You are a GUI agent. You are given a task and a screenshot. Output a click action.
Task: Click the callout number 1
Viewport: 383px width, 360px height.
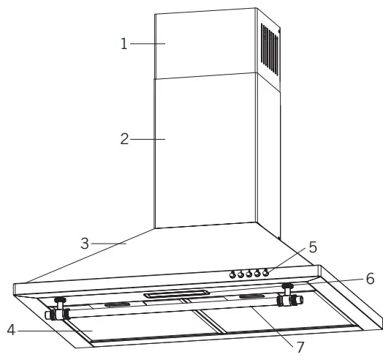coord(124,44)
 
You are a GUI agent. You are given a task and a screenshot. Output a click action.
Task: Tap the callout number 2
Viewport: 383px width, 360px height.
coord(124,138)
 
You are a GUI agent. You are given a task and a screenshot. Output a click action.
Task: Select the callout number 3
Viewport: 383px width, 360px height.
coord(85,244)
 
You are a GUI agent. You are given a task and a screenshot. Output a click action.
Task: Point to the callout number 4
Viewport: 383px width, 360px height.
coord(11,331)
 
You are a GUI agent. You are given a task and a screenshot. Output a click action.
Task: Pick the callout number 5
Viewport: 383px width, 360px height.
coord(313,247)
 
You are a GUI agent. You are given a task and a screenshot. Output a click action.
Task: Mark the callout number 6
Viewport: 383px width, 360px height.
coord(370,279)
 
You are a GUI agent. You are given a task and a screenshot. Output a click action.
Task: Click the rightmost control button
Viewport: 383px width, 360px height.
coord(266,274)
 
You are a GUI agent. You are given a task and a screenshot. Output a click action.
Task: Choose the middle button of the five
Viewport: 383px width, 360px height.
coord(249,274)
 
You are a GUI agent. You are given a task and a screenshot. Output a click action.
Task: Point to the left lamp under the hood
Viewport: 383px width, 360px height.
coord(58,310)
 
